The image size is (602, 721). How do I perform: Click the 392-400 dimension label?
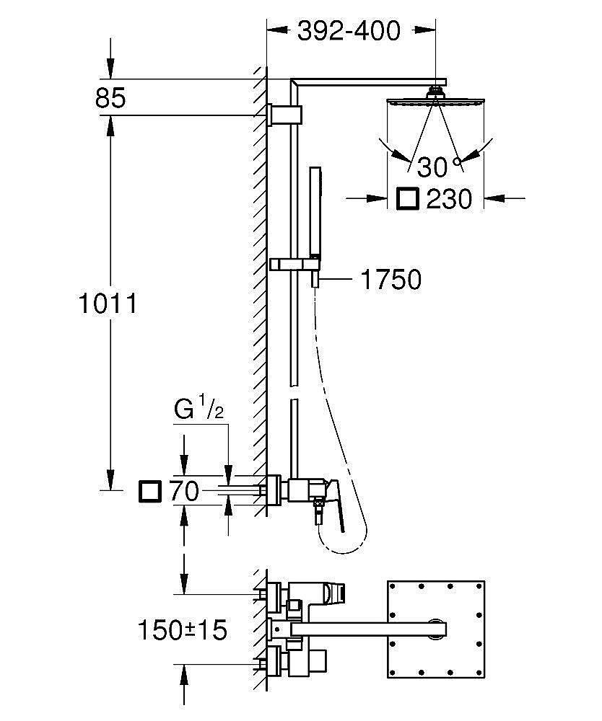tap(349, 31)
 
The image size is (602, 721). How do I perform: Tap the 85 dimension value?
tap(110, 98)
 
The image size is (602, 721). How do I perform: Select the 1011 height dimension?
tap(108, 304)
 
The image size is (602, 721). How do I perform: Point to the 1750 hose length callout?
tap(391, 280)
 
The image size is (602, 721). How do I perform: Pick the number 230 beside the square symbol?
tap(449, 200)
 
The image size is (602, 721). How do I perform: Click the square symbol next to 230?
tap(408, 199)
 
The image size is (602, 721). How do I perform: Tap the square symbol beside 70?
tap(150, 491)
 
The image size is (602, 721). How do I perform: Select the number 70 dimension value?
tap(184, 491)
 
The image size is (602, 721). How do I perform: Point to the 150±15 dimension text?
tap(182, 630)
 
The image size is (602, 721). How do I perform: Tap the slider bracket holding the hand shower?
tap(295, 265)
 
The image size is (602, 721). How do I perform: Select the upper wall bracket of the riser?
tap(285, 115)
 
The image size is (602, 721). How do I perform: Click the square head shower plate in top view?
tap(436, 629)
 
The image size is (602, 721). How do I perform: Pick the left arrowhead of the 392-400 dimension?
tap(276, 30)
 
